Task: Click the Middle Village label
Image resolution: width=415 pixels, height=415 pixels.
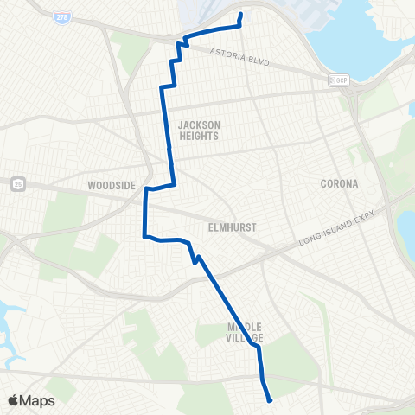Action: (244, 333)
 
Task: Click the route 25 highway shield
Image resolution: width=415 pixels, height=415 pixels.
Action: (17, 182)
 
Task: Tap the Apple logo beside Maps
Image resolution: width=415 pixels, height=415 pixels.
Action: (15, 400)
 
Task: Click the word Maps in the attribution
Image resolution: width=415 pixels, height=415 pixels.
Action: (38, 401)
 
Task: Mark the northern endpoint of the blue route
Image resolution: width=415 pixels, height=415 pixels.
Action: (240, 14)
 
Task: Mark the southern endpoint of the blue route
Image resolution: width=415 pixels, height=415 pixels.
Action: (271, 400)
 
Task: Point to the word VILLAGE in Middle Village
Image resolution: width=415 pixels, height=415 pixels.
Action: (244, 338)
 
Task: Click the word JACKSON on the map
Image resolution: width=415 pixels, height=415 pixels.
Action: (200, 124)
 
